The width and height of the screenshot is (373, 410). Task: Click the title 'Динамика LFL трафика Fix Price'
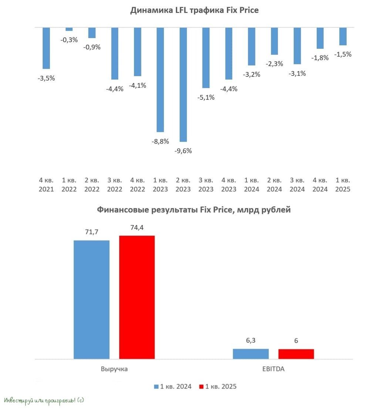point(194,10)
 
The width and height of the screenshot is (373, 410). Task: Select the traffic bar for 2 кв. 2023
point(183,84)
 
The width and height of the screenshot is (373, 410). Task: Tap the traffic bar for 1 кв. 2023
point(160,79)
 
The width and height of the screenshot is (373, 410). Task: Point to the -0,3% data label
point(69,40)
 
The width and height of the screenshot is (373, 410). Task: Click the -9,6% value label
point(183,151)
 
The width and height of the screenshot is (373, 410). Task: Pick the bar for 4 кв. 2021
point(46,48)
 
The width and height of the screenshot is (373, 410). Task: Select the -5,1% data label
point(206,97)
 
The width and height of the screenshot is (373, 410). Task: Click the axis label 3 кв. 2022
point(115,184)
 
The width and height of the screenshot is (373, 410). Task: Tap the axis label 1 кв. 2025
point(343,184)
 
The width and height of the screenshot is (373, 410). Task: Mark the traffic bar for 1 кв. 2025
point(343,36)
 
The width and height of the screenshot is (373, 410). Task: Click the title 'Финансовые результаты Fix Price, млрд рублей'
point(194,210)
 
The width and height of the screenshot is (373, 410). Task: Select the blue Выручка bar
point(91,299)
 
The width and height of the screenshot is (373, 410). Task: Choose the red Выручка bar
point(137,297)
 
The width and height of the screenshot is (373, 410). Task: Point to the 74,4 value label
point(137,228)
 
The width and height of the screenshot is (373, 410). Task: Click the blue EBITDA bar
point(251,354)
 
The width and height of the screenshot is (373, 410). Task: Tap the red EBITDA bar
point(296,354)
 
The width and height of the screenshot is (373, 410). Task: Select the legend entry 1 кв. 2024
point(173,387)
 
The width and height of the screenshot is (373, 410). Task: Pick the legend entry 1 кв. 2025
point(218,387)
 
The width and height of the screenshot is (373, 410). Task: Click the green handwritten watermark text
point(44,400)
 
